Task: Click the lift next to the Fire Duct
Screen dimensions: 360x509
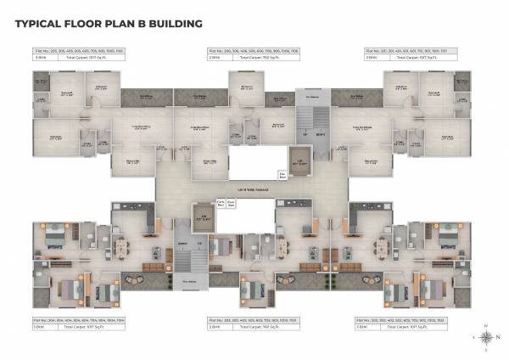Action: click(x=299, y=159)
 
